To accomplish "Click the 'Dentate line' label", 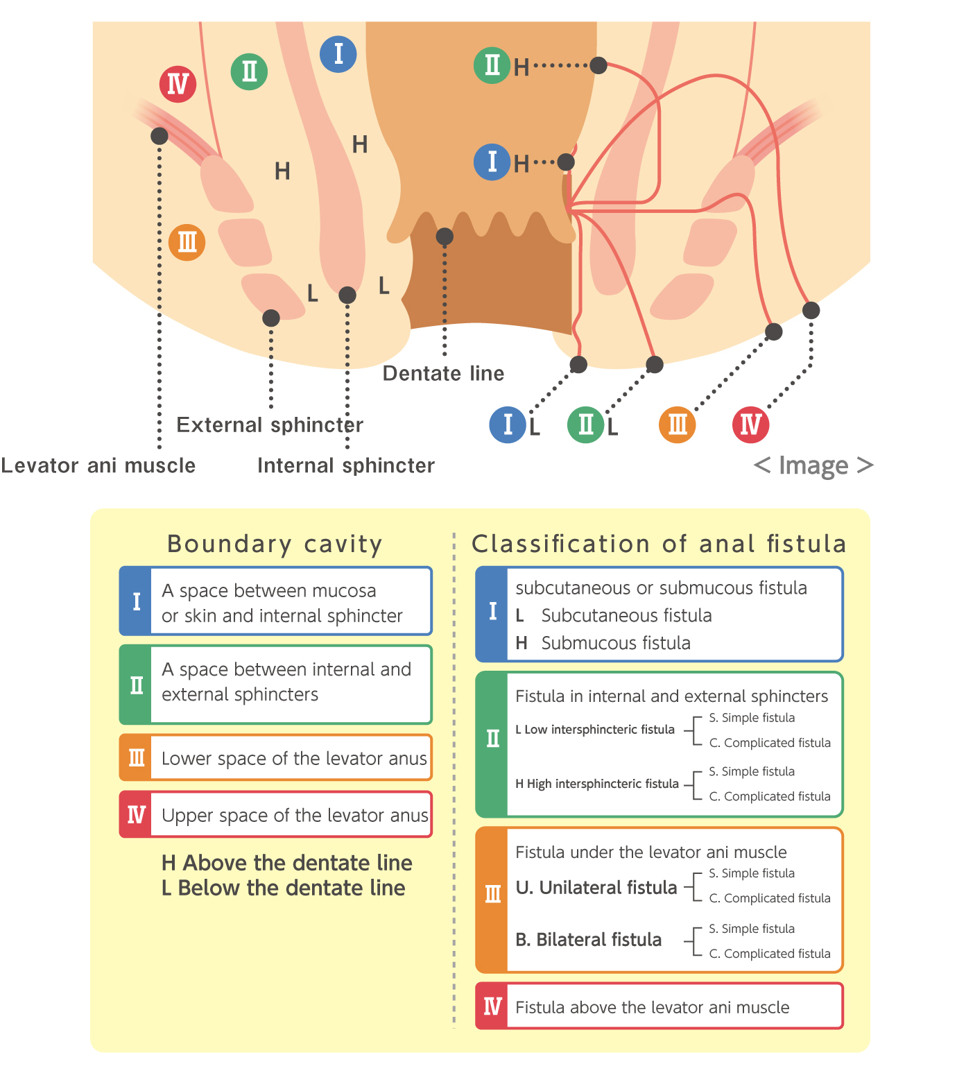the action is click(x=442, y=373).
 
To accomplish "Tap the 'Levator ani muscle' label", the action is click(x=98, y=465).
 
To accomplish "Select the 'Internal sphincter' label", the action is click(x=346, y=465).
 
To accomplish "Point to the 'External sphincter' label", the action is click(x=270, y=424).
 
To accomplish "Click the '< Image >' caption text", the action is click(x=813, y=465).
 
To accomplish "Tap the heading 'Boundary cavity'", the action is click(x=275, y=544).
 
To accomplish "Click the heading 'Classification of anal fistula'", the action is click(x=659, y=543).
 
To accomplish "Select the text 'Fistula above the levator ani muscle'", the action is click(x=652, y=1007).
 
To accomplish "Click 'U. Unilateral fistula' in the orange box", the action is click(x=596, y=887).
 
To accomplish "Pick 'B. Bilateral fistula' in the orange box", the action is click(x=588, y=939).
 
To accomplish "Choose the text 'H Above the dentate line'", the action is click(x=286, y=863).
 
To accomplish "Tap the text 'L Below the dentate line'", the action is click(x=284, y=888).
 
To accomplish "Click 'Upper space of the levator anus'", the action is click(x=295, y=815).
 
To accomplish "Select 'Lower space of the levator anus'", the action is click(x=294, y=758).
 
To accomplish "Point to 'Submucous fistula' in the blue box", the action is click(x=615, y=642).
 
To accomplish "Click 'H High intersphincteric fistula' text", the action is click(x=597, y=783).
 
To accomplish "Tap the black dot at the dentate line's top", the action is click(x=445, y=237).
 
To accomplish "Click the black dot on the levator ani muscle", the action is click(x=159, y=136).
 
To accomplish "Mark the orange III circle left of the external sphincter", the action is click(x=187, y=243).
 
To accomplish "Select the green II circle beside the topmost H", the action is click(x=492, y=65).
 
